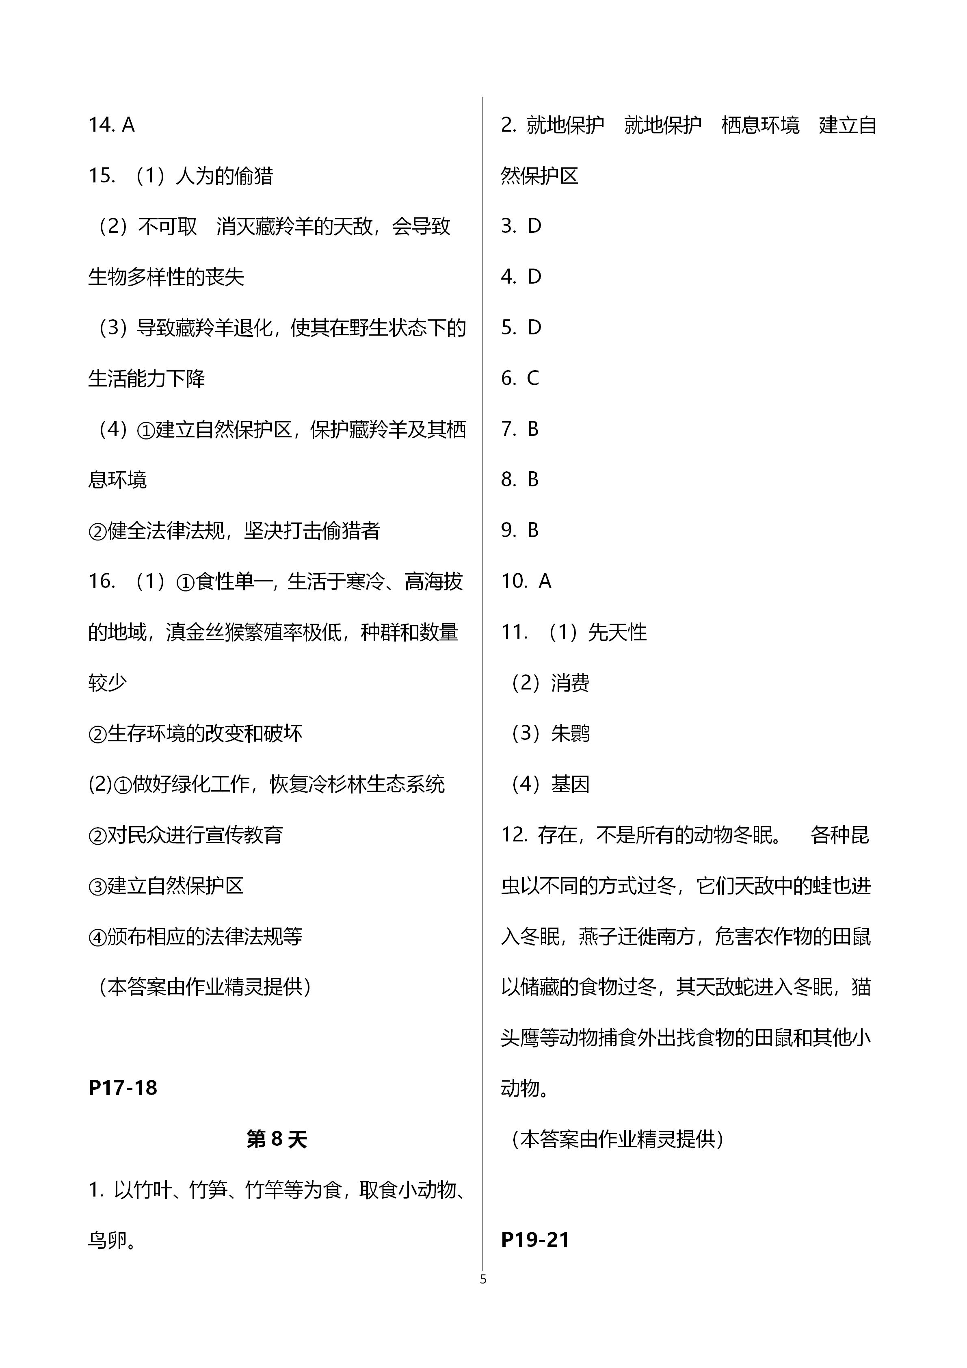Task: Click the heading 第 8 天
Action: click(277, 1139)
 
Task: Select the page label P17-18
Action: click(123, 1087)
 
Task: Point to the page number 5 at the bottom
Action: click(483, 1279)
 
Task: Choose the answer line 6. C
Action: click(520, 378)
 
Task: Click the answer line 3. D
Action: click(521, 226)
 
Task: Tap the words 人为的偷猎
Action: click(225, 176)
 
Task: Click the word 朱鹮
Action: click(570, 733)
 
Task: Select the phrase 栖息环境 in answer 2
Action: click(760, 125)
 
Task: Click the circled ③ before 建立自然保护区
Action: click(97, 886)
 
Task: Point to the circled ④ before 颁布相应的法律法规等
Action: click(97, 937)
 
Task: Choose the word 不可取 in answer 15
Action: click(167, 226)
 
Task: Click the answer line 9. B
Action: click(520, 530)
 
